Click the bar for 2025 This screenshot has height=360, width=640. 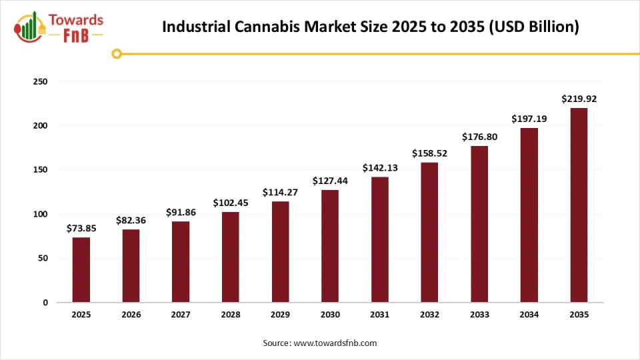pyautogui.click(x=81, y=269)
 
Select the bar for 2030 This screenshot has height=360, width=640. pyautogui.click(x=330, y=246)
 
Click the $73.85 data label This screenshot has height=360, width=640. pyautogui.click(x=81, y=228)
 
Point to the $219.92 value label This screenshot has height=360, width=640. pyautogui.click(x=579, y=99)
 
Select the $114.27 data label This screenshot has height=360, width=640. pyautogui.click(x=280, y=192)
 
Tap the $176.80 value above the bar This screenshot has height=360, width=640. pyautogui.click(x=479, y=137)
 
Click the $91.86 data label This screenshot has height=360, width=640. pyautogui.click(x=181, y=212)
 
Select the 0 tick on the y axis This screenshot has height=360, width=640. pyautogui.click(x=45, y=303)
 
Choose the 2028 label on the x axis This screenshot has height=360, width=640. pyautogui.click(x=231, y=315)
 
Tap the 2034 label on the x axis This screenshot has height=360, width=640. pyautogui.click(x=529, y=315)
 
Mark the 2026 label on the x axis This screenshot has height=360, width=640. pyautogui.click(x=131, y=315)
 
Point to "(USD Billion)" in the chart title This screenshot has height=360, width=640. pyautogui.click(x=531, y=27)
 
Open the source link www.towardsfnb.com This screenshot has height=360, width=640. pyautogui.click(x=335, y=343)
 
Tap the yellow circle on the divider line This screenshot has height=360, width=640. pyautogui.click(x=117, y=53)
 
